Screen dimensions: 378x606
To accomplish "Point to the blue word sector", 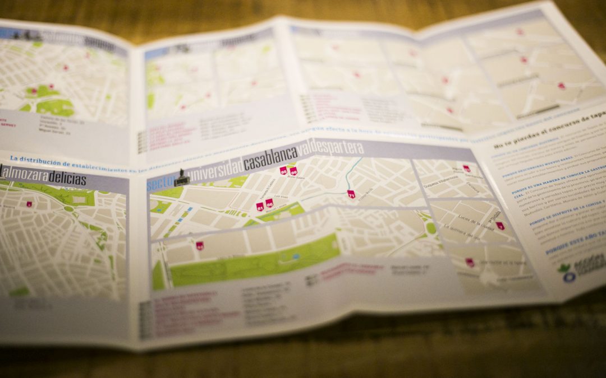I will click(159, 184).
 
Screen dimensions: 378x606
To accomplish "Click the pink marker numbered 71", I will click(351, 194).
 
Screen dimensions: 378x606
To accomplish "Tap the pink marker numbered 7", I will click(499, 226).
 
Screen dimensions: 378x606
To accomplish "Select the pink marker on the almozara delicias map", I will click(29, 204).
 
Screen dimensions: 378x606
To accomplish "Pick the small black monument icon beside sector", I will click(181, 178).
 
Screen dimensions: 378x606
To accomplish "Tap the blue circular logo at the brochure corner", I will click(569, 277).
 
